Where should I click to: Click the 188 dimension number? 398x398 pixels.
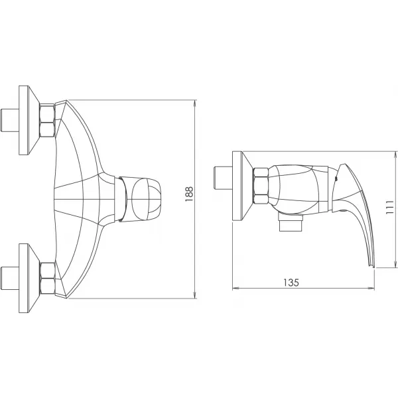tap(189, 198)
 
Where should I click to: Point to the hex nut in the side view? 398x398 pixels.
tap(259, 186)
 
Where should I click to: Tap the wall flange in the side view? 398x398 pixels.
tap(240, 186)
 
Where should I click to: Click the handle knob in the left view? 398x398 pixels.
tap(145, 198)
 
